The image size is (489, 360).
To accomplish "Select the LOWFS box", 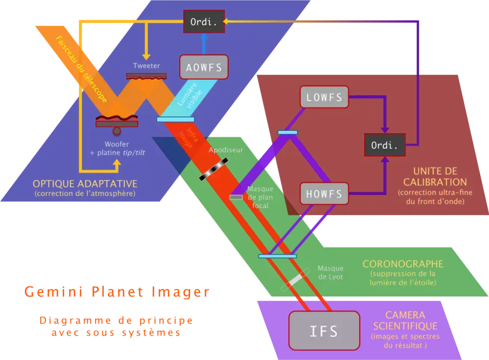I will [324, 97].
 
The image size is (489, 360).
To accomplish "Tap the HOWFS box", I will [324, 193].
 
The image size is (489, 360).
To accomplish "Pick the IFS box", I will [324, 331].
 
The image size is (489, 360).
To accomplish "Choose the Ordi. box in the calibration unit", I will [385, 146].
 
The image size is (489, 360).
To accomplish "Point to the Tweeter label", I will [146, 66].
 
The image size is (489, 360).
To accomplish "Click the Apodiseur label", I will [226, 150].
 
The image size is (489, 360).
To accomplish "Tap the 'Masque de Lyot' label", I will [330, 272].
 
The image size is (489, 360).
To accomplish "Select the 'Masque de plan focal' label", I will [260, 197].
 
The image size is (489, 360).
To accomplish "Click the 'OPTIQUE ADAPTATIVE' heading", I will [85, 183].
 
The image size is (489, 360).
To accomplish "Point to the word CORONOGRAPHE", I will [402, 264].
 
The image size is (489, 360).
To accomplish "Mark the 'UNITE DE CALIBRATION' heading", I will [434, 177].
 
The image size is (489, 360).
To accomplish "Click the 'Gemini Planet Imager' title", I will [117, 292].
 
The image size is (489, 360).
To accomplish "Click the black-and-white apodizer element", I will [213, 169].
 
